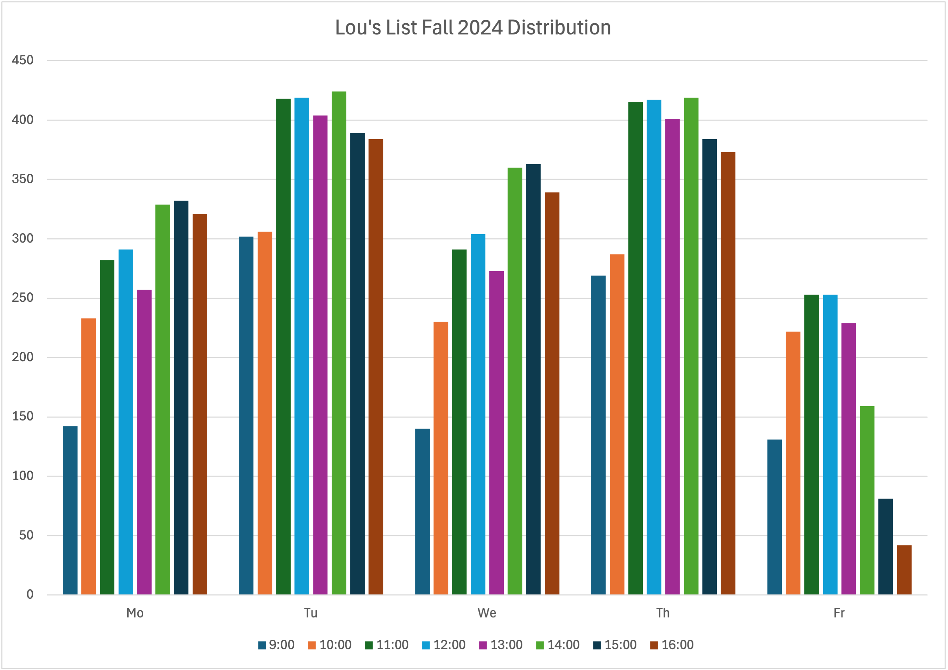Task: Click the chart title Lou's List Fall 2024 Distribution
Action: point(473,28)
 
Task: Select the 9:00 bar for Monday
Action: point(70,511)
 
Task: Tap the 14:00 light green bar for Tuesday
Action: point(339,343)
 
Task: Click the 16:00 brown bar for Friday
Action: point(904,570)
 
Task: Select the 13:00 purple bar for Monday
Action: point(144,442)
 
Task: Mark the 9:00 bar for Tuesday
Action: point(246,415)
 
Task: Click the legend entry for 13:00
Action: point(501,645)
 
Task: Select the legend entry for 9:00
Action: point(276,645)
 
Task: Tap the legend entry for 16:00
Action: point(672,645)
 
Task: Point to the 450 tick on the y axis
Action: point(22,60)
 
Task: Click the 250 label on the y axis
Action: point(22,298)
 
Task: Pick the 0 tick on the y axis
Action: point(30,594)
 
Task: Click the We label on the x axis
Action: point(487,613)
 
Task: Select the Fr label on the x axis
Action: point(839,613)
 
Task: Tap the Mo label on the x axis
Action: point(135,613)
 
